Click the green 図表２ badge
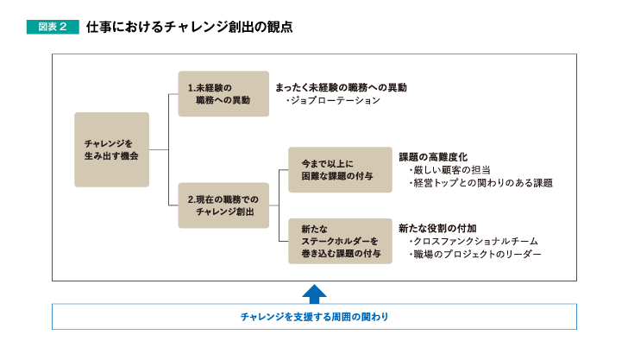click(x=53, y=27)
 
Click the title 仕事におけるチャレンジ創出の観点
click(x=189, y=27)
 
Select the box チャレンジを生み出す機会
click(x=112, y=149)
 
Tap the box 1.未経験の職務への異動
click(x=223, y=94)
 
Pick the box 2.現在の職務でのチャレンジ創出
click(x=223, y=205)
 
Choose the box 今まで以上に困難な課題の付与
click(x=340, y=169)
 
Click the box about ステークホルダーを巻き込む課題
click(x=340, y=241)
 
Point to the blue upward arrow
click(x=314, y=294)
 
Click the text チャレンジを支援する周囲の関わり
click(x=314, y=317)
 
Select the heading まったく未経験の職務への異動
click(x=342, y=87)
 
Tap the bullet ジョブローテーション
click(x=333, y=100)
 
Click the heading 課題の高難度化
click(x=433, y=157)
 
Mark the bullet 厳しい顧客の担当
click(x=449, y=170)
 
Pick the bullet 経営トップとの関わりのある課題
click(x=480, y=183)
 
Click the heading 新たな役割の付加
click(x=437, y=228)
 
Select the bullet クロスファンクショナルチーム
click(x=474, y=242)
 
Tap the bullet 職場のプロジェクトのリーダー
click(x=475, y=254)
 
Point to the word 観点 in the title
click(x=280, y=27)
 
